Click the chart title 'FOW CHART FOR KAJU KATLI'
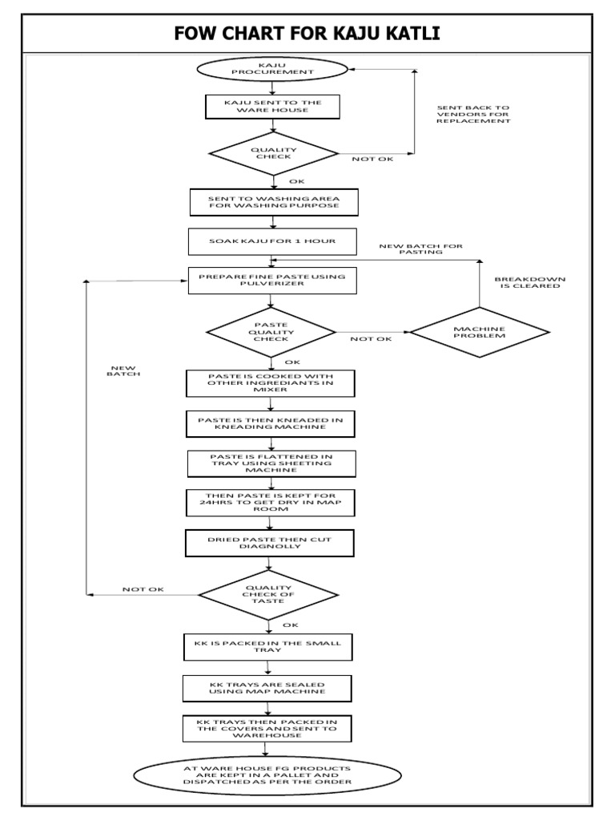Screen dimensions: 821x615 [x=307, y=34]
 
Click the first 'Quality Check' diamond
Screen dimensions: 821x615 [x=272, y=153]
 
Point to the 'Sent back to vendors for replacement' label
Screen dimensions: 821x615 [x=472, y=114]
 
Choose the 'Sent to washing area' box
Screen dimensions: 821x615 [x=272, y=201]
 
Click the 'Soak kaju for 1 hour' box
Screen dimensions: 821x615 [x=272, y=241]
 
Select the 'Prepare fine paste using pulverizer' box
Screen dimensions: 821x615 [x=272, y=281]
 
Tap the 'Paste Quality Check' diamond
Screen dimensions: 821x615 [x=272, y=332]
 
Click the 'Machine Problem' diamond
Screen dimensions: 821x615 [x=480, y=332]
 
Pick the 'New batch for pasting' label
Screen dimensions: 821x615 [x=420, y=249]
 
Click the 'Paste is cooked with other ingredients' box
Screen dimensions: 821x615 [x=271, y=382]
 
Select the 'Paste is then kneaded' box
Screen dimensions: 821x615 [x=271, y=423]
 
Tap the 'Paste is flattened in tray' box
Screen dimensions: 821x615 [x=271, y=463]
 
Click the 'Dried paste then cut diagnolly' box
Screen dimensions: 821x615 [x=269, y=544]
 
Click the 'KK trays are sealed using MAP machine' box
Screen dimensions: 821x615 [x=267, y=687]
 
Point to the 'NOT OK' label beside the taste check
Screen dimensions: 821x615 [x=143, y=589]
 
